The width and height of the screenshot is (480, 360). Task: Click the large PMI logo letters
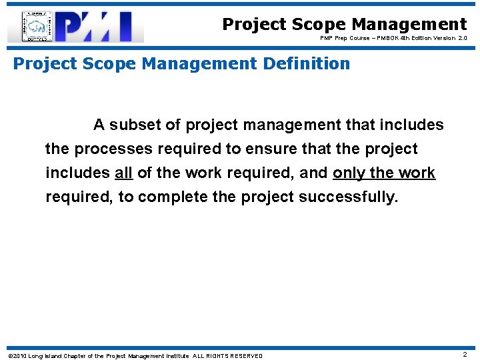100,27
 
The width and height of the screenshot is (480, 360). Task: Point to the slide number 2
465,355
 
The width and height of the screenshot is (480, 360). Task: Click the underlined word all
123,173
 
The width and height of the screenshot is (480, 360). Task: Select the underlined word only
349,173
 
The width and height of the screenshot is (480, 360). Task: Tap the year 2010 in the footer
19,355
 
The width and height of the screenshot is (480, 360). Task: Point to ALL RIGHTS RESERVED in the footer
227,355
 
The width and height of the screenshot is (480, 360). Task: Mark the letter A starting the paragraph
99,125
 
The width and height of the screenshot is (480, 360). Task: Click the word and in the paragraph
313,173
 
